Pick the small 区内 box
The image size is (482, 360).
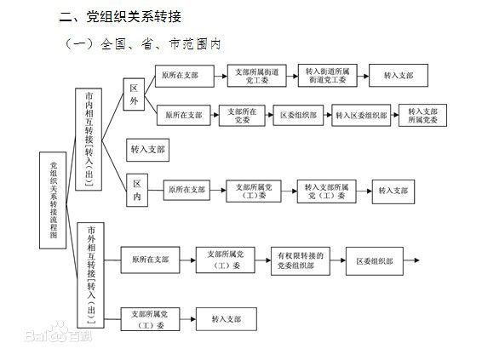click(136, 191)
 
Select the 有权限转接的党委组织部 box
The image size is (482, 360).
click(301, 260)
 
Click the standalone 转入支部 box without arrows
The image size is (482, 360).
click(148, 150)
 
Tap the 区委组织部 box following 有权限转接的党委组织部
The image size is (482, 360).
click(374, 260)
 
